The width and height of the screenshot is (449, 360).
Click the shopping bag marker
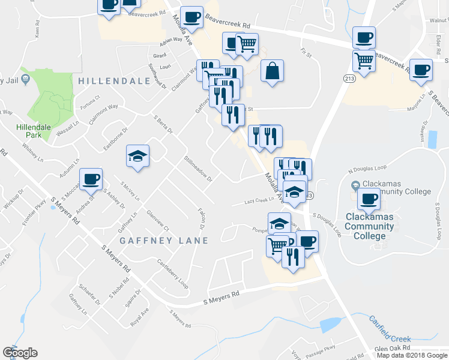[x=272, y=71]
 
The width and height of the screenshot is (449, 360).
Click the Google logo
[x=20, y=353]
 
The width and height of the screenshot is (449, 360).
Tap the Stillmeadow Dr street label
[x=198, y=168]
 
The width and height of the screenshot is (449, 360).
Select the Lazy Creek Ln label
[x=259, y=202]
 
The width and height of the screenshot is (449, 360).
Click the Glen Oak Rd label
[x=391, y=348]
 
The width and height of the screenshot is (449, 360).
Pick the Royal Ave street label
[x=140, y=314]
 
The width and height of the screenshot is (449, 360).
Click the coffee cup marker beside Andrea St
[x=91, y=179]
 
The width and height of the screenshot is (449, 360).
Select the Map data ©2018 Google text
[x=411, y=355]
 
